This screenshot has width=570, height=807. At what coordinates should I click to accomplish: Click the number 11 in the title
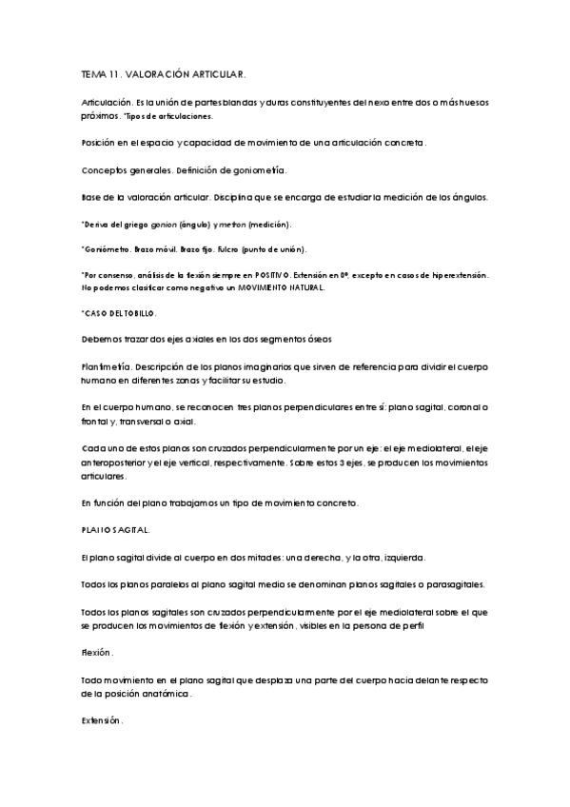click(x=111, y=72)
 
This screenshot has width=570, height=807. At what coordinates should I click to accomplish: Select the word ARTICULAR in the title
click(x=215, y=72)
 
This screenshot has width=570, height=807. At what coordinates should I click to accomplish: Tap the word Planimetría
click(x=105, y=365)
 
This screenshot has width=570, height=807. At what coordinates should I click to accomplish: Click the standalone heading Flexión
click(x=96, y=653)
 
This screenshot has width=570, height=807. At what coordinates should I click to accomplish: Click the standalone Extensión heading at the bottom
click(x=101, y=721)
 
